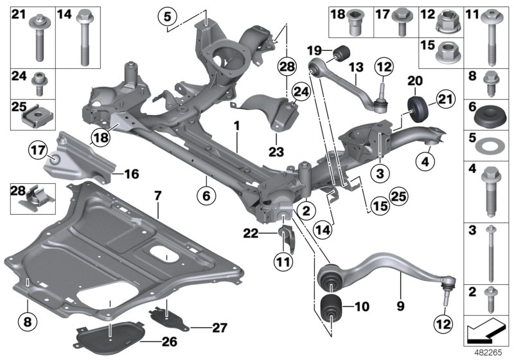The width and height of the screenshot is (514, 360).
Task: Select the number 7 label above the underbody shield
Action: [157, 194]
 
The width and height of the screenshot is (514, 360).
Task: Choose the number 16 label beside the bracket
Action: [131, 174]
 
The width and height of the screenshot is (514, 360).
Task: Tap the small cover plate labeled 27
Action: [166, 317]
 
